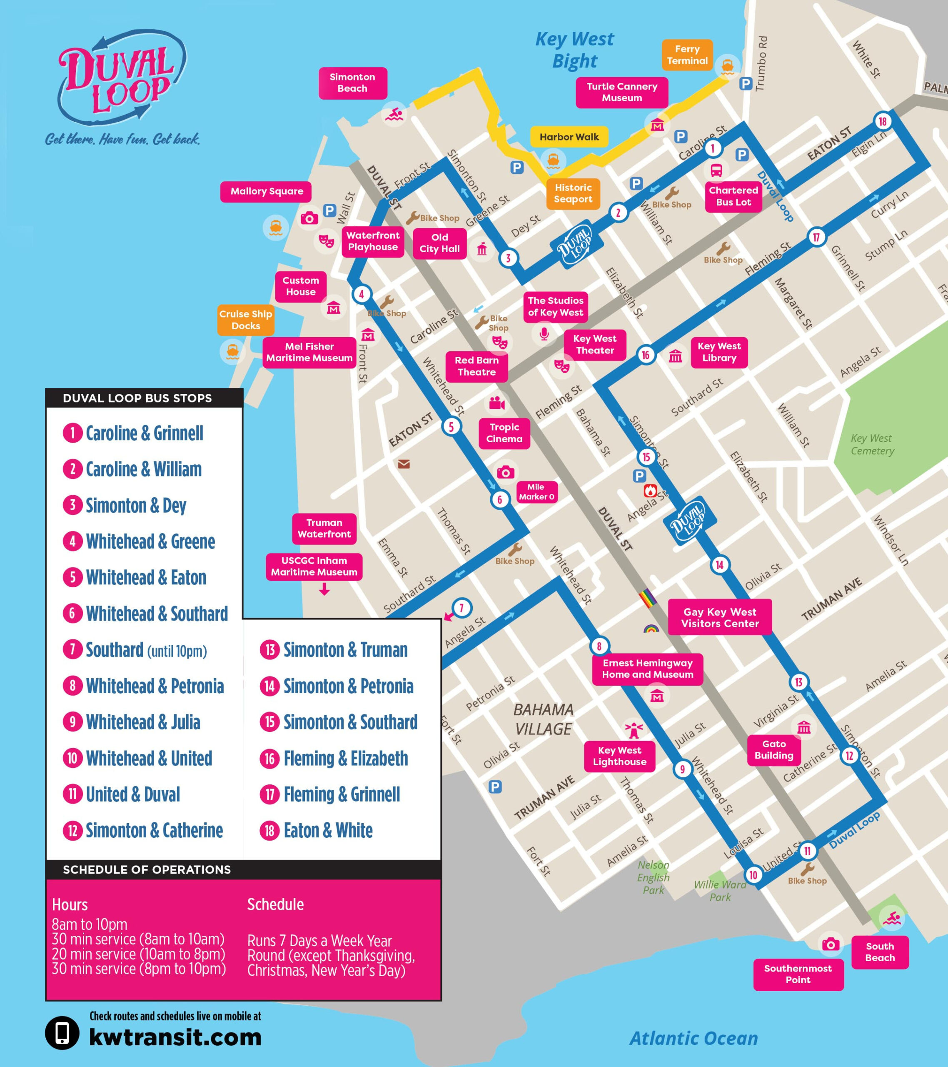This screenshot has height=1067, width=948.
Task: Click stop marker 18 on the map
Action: click(x=882, y=122)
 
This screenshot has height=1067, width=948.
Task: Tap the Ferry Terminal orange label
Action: click(x=687, y=55)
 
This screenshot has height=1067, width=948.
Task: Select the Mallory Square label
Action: click(x=267, y=192)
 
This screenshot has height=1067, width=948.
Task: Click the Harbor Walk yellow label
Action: click(x=569, y=137)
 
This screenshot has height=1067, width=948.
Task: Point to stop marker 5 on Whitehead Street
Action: click(x=452, y=426)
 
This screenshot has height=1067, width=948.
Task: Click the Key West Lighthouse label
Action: click(x=619, y=756)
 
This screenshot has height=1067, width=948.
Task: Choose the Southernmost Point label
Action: click(x=798, y=974)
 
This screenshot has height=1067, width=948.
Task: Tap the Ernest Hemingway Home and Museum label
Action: click(x=647, y=669)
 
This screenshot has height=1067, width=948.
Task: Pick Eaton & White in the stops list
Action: click(x=328, y=830)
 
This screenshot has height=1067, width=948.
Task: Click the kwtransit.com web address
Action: click(x=175, y=1037)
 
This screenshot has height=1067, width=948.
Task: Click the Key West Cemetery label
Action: click(x=872, y=444)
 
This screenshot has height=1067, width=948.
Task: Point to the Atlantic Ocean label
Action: click(x=694, y=1038)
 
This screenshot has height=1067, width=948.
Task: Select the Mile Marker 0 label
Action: click(x=536, y=492)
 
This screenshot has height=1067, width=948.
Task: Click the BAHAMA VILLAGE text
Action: click(x=543, y=719)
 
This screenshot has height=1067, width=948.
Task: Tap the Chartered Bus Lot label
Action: click(x=733, y=196)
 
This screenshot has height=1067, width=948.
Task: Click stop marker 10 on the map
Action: click(x=753, y=875)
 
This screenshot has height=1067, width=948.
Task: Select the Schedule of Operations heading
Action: click(x=147, y=869)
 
